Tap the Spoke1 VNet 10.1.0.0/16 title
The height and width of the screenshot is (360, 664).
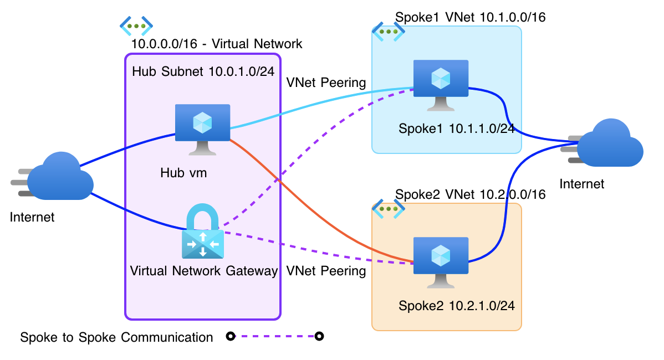470,17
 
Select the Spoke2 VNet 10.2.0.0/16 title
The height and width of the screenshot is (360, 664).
470,194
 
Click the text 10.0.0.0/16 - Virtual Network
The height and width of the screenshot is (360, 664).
217,44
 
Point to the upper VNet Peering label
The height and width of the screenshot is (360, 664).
326,83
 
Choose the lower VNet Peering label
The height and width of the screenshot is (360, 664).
326,271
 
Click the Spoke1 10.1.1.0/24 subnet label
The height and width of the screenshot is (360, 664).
456,128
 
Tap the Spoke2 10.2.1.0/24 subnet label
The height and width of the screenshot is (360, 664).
460,306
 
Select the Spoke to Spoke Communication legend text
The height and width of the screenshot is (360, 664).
116,337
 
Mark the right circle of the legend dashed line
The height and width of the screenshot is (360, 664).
319,336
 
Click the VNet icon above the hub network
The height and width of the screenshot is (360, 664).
136,25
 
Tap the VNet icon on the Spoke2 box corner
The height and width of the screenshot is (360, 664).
388,209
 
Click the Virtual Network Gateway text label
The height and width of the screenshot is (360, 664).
203,271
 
